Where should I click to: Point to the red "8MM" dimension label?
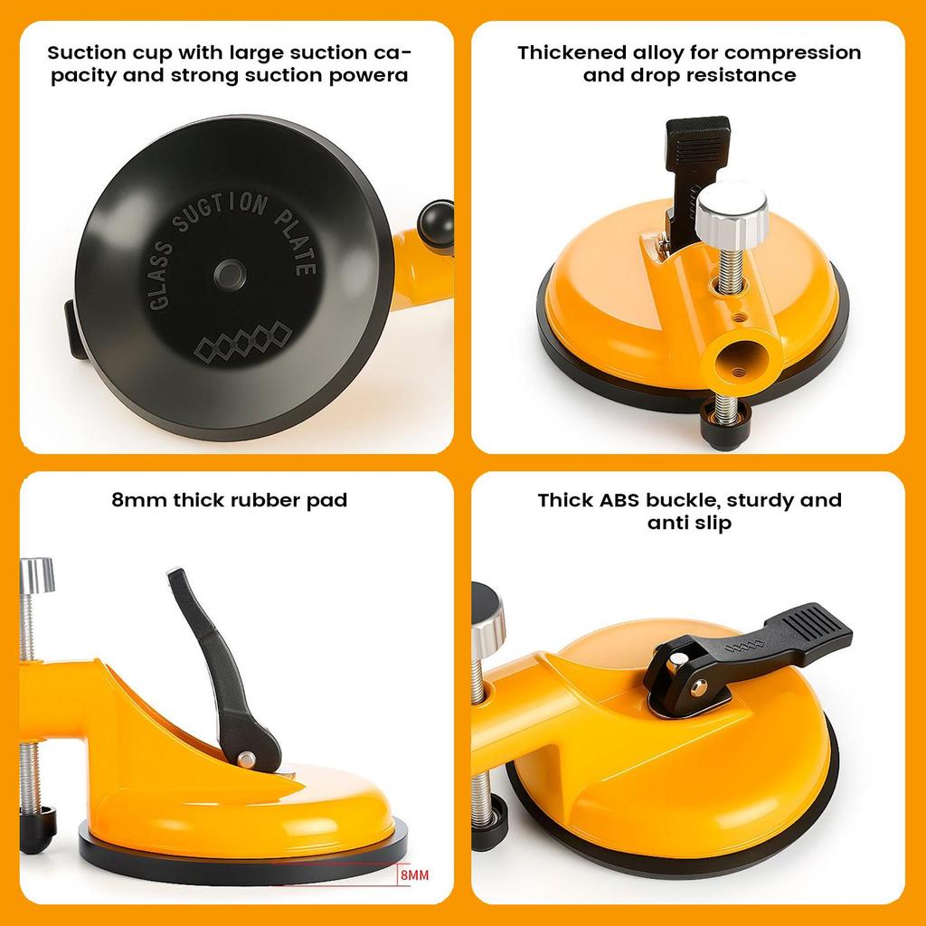coord(412,876)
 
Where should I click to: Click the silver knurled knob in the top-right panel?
coord(731,206)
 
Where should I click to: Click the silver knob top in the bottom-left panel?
coord(36,572)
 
